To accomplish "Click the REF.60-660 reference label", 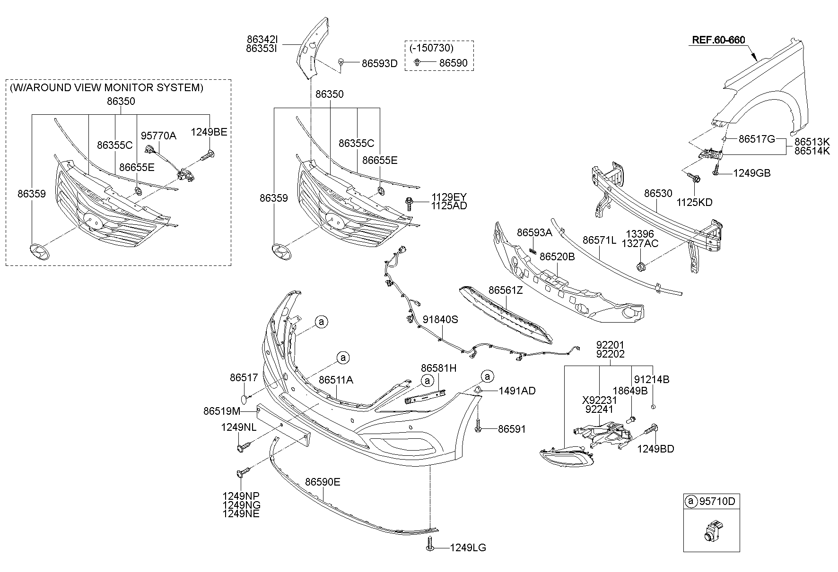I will click(x=718, y=40).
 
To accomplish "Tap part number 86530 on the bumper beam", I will click(x=658, y=194).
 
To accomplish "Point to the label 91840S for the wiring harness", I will click(x=440, y=320).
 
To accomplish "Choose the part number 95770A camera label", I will click(x=158, y=136).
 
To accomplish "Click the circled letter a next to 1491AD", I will click(x=487, y=376).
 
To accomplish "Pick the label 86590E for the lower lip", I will click(x=323, y=482).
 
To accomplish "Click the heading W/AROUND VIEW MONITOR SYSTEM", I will click(x=106, y=87).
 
